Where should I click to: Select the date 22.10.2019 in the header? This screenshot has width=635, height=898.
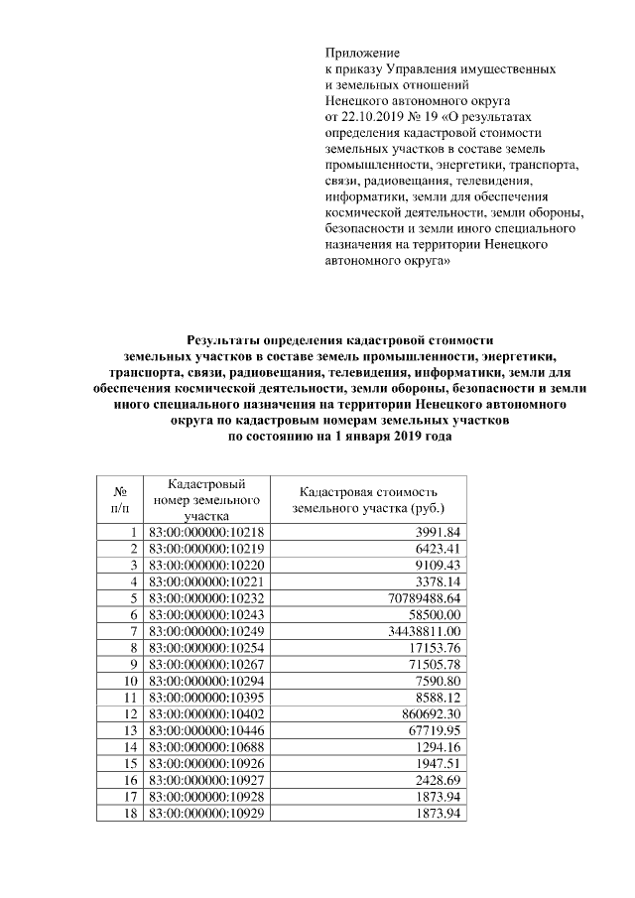pos(373,116)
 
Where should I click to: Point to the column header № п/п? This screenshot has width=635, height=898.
pos(119,499)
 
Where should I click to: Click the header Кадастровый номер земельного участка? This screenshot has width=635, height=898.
pos(206,499)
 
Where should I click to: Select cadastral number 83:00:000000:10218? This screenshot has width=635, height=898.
pos(206,532)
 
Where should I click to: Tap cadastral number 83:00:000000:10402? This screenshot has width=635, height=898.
pos(206,714)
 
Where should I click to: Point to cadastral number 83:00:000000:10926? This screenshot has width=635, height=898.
pos(206,764)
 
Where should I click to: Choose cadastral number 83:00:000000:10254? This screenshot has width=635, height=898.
pos(206,649)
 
